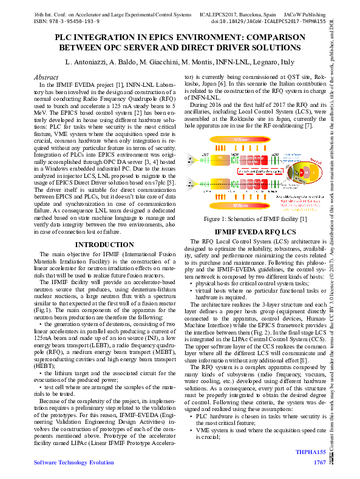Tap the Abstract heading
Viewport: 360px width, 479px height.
47,78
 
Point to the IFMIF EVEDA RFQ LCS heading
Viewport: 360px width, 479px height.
256,232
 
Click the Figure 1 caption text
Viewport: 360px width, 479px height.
256,219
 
